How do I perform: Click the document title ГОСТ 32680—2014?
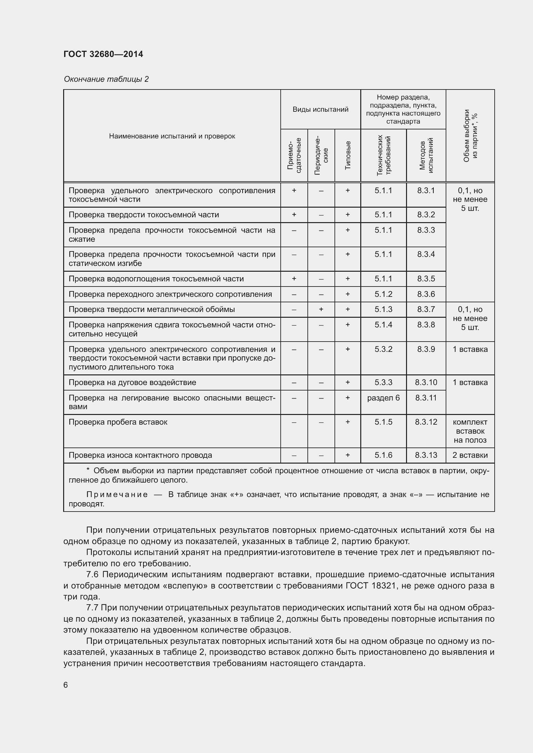pos(103,54)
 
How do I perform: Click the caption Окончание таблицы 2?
pos(106,79)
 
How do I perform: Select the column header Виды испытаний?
pos(320,109)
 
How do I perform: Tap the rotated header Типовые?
pos(348,155)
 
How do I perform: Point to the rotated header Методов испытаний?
pos(426,155)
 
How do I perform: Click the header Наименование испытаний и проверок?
pos(172,136)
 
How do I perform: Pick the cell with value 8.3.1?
pos(426,191)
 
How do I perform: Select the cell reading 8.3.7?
pos(426,309)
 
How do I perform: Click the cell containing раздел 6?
pos(383,398)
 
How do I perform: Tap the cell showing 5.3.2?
pos(383,349)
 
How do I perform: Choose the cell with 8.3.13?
pos(426,455)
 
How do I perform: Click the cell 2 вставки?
pos(470,455)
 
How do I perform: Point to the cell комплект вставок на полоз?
pos(470,431)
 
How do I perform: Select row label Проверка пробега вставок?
pos(118,422)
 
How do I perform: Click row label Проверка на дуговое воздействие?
pos(132,382)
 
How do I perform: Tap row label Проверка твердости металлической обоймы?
pos(152,309)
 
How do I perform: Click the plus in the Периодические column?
pos(321,309)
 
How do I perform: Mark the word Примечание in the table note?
pos(117,494)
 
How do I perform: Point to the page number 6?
pos(66,685)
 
